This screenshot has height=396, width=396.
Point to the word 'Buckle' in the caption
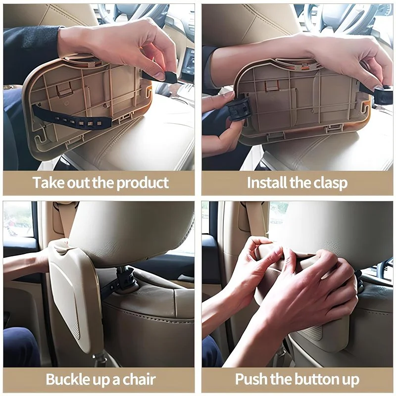(x=68, y=379)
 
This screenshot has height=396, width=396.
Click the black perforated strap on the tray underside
(x=73, y=118)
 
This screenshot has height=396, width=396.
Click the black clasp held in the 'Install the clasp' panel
(x=238, y=109)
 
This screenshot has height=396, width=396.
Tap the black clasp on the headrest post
(x=125, y=278)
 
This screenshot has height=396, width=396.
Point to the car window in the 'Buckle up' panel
(x=18, y=219)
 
